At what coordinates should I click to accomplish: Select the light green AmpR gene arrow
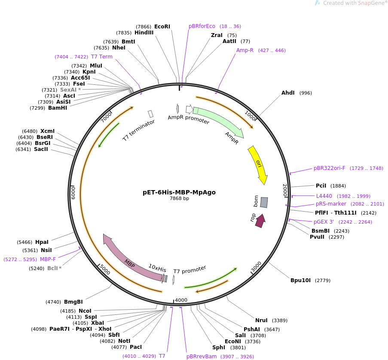click(219, 123)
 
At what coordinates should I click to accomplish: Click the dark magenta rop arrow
click(260, 221)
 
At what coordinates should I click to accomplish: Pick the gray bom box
click(264, 202)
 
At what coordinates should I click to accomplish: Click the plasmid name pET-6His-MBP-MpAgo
click(179, 192)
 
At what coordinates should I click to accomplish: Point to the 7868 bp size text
click(179, 199)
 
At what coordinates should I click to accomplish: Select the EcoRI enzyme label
click(162, 27)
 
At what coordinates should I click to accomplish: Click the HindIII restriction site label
click(144, 33)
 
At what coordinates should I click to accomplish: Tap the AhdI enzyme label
click(288, 93)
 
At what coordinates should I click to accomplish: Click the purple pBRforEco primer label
click(202, 26)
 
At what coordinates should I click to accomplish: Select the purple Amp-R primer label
click(245, 50)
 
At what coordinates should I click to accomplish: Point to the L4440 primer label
click(324, 196)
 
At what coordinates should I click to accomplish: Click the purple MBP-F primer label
click(48, 259)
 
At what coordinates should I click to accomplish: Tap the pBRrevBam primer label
click(202, 357)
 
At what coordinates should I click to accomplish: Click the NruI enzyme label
click(261, 320)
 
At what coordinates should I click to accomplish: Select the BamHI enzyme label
click(58, 108)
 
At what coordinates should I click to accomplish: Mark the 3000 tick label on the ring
click(257, 267)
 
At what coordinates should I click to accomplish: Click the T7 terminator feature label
click(138, 130)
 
